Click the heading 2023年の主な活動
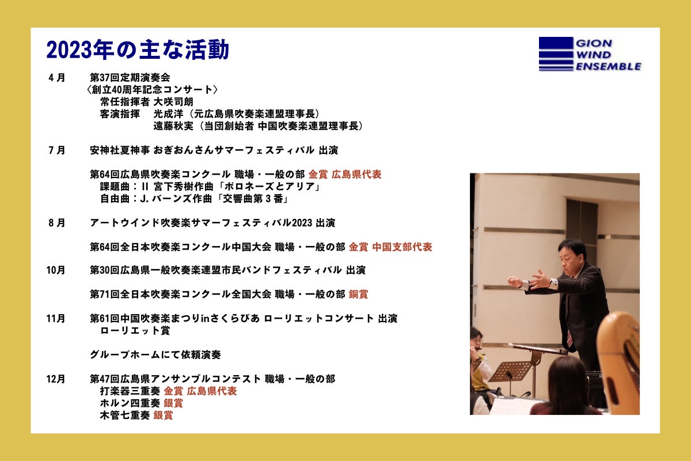pyautogui.click(x=138, y=50)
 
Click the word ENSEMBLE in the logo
pyautogui.click(x=608, y=66)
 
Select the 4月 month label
pyautogui.click(x=57, y=77)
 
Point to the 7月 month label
pyautogui.click(x=57, y=150)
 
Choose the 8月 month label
pyautogui.click(x=57, y=223)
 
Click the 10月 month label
pyautogui.click(x=56, y=270)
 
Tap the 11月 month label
pyautogui.click(x=56, y=318)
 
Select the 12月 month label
pyautogui.click(x=56, y=379)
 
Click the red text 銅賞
pyautogui.click(x=358, y=294)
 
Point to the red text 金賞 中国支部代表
pyautogui.click(x=390, y=247)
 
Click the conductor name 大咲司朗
pyautogui.click(x=173, y=102)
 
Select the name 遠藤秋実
pyautogui.click(x=173, y=126)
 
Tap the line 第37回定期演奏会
pyautogui.click(x=130, y=77)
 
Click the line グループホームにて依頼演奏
pyautogui.click(x=155, y=355)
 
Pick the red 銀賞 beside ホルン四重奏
pyautogui.click(x=173, y=403)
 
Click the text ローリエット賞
pyautogui.click(x=135, y=330)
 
